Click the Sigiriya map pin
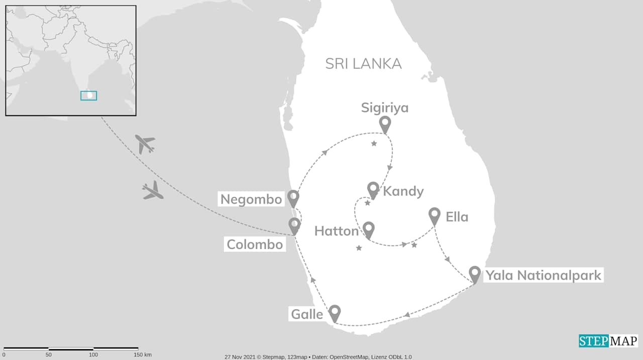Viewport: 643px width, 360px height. [x=385, y=124]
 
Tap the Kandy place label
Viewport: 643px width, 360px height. [x=403, y=191]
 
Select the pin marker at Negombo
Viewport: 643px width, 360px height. [x=293, y=198]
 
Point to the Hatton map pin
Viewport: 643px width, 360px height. [x=369, y=229]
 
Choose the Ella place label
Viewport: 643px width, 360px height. [x=457, y=217]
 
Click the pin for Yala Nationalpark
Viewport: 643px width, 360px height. [x=475, y=274]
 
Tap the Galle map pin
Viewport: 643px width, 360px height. [x=335, y=313]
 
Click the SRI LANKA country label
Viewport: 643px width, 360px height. [x=363, y=64]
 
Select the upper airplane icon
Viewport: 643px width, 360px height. [x=145, y=144]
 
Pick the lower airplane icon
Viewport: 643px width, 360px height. [x=153, y=191]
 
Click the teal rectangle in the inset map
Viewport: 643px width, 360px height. [x=89, y=95]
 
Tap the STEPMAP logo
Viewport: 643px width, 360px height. [x=608, y=341]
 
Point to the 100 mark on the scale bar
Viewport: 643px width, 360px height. [x=93, y=355]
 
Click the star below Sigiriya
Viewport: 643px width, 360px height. [x=374, y=144]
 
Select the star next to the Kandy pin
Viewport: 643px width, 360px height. [x=367, y=203]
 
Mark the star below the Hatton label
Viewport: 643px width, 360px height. [x=359, y=248]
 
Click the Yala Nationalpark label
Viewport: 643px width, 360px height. [x=542, y=275]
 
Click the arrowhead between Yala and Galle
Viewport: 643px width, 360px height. [x=407, y=315]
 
